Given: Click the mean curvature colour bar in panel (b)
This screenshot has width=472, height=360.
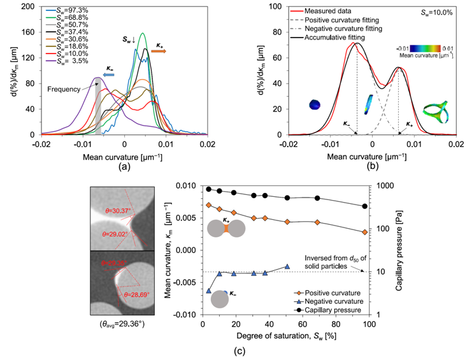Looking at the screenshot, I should click(x=426, y=47).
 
